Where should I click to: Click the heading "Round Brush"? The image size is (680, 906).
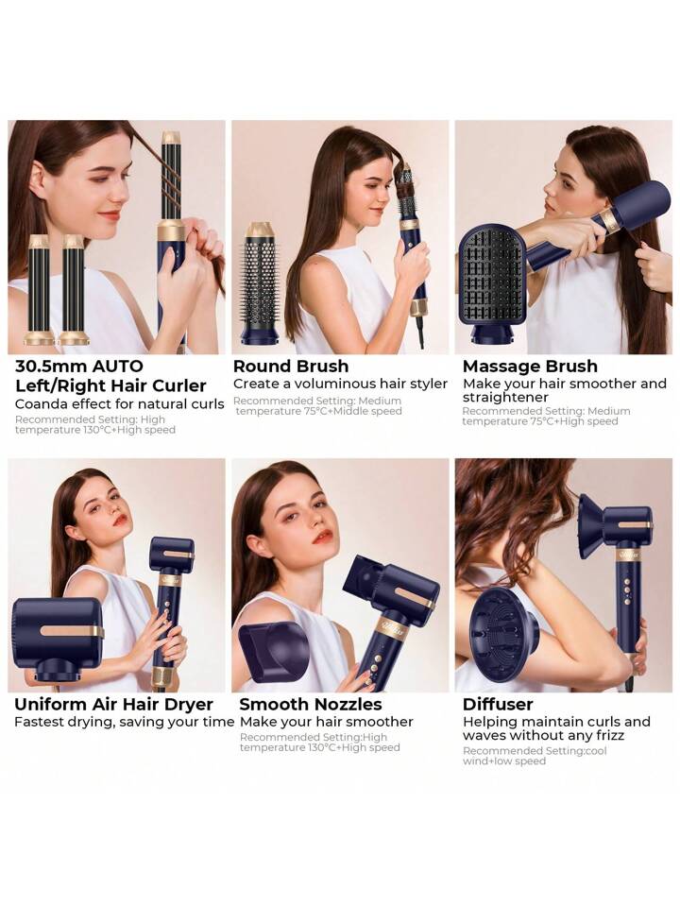(291, 367)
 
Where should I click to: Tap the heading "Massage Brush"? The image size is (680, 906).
(530, 367)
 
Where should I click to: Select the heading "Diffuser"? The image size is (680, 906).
(498, 705)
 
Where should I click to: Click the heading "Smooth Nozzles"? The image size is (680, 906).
(310, 705)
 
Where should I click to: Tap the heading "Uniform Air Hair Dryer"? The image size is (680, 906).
(114, 705)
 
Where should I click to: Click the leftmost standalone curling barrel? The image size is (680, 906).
(40, 289)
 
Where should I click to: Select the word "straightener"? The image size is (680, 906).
(505, 398)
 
